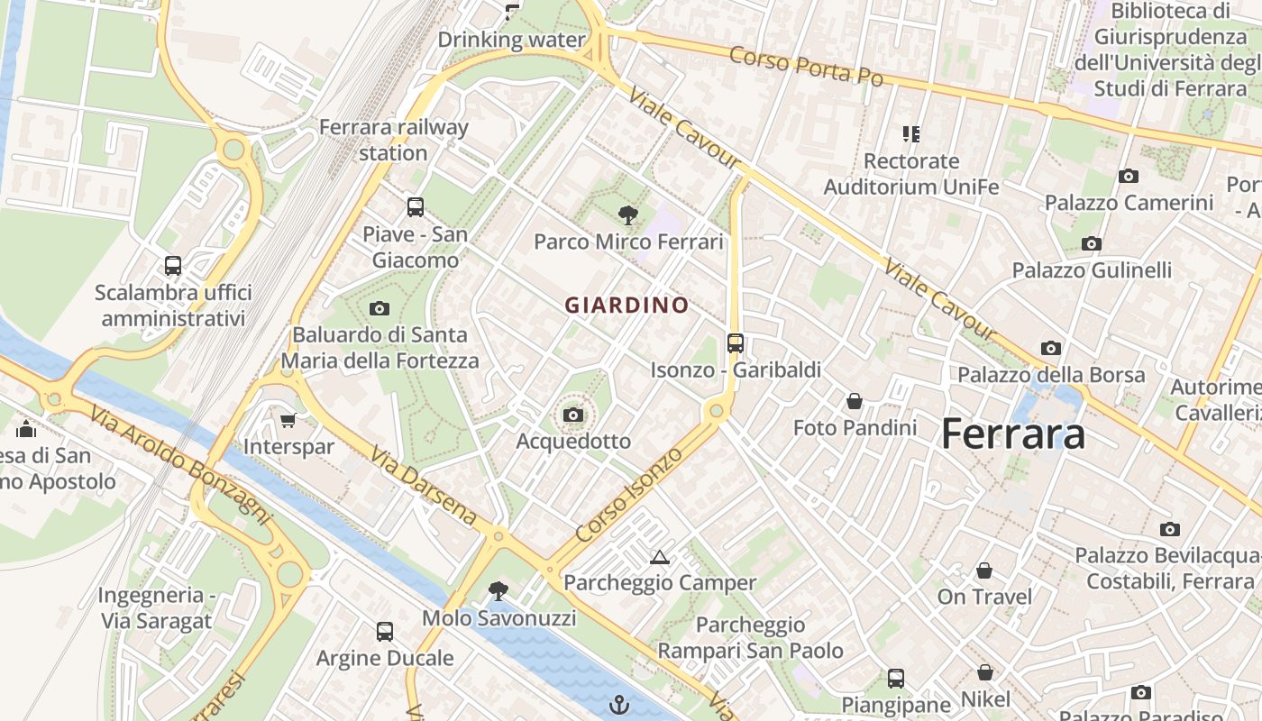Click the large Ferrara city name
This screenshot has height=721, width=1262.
coord(1012,434)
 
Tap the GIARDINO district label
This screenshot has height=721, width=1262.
coord(626,305)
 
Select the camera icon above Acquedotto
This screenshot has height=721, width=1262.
coord(572,415)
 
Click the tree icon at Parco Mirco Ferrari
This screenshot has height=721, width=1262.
coord(628,214)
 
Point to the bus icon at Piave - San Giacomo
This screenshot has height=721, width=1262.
coord(416,207)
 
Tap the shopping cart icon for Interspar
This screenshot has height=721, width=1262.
coord(288,420)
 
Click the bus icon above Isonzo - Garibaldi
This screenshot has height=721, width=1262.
coord(736,342)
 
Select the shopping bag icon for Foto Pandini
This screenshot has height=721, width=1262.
coord(854,400)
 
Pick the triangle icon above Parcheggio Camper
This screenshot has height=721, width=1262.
coord(660,557)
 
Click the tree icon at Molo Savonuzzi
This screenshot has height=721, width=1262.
coord(497,591)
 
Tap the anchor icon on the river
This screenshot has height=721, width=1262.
coord(618,704)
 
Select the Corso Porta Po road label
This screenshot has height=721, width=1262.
coord(806,66)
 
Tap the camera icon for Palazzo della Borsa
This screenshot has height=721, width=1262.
coord(1050,348)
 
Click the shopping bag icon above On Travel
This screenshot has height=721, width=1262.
coord(984,570)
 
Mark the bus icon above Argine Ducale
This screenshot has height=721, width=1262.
coord(385,631)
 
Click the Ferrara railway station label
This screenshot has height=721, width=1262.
coord(394,140)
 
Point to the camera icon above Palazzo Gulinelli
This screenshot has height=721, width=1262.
coord(1092,243)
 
